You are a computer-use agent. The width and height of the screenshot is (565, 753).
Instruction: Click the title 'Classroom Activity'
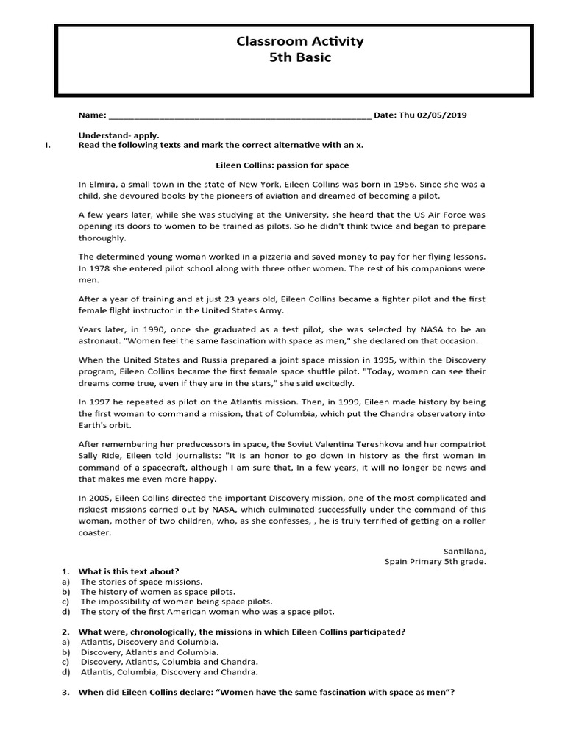click(x=299, y=42)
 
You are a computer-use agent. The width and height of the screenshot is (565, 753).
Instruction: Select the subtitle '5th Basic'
click(x=299, y=58)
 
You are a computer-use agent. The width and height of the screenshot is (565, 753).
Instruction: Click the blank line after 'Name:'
click(x=239, y=116)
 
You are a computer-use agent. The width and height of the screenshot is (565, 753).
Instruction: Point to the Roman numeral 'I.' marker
click(x=48, y=146)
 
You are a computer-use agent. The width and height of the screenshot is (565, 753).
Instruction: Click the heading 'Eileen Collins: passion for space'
click(x=282, y=165)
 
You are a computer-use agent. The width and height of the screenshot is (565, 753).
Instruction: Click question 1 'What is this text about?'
click(x=129, y=571)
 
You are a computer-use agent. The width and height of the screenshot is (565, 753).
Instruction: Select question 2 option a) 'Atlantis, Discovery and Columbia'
click(x=149, y=642)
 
